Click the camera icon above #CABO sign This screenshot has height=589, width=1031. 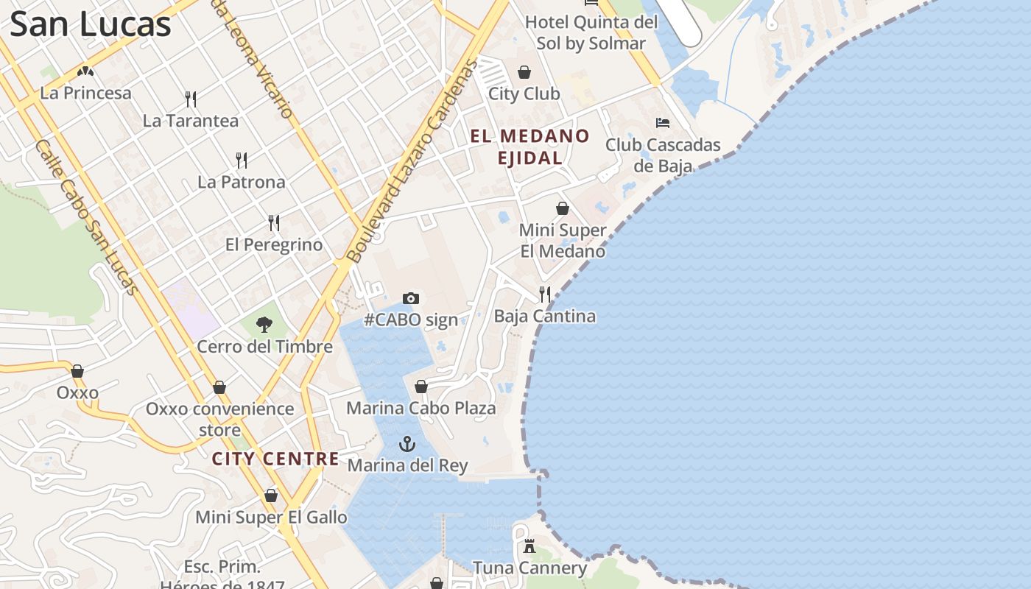tap(411, 298)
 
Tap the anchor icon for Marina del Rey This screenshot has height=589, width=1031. tap(407, 444)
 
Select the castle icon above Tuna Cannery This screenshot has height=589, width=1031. tap(529, 546)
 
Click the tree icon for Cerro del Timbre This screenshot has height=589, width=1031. tap(264, 325)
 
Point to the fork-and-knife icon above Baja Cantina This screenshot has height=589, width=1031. tap(545, 294)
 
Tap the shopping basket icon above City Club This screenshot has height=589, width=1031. tap(524, 72)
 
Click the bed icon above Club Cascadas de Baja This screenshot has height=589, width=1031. tap(663, 123)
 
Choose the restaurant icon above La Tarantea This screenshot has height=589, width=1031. tap(191, 99)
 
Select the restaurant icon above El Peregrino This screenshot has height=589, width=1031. tap(274, 222)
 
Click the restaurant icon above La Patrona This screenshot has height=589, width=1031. tap(241, 160)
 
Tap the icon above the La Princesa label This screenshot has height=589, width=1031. tap(85, 72)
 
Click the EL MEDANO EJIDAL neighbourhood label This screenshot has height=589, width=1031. tap(530, 147)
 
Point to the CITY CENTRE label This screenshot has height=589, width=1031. tap(275, 459)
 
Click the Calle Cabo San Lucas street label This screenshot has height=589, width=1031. tap(86, 217)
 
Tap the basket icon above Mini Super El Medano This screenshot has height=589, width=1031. tap(563, 208)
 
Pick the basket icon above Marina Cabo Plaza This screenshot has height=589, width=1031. tap(421, 387)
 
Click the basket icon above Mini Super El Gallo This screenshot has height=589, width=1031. tap(271, 496)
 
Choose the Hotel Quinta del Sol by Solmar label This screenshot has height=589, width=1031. tap(591, 33)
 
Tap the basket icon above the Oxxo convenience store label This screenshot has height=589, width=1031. tap(219, 387)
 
